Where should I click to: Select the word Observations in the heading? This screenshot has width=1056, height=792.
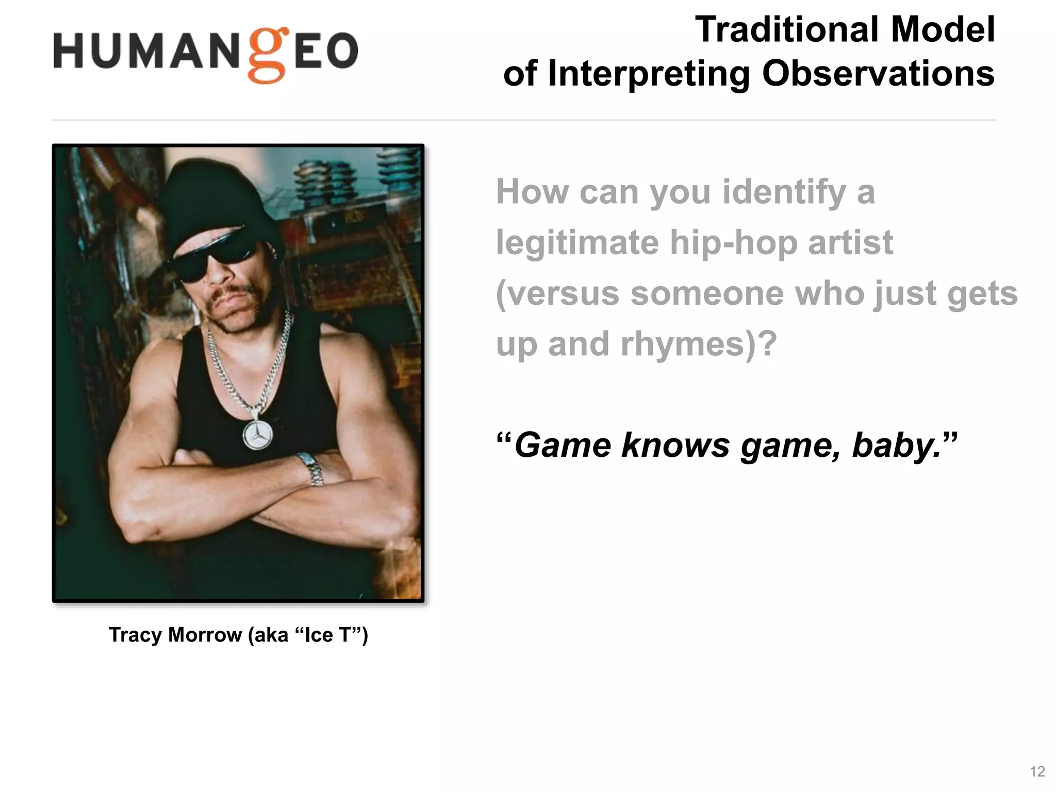(878, 73)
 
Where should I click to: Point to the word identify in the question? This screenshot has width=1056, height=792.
(784, 192)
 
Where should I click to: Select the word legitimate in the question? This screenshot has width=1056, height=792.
(577, 243)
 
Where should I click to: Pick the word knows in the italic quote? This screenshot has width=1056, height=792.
(675, 445)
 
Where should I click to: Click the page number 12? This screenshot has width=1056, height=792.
(1037, 771)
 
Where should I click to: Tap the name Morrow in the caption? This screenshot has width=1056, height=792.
(205, 635)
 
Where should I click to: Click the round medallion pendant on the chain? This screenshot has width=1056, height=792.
(257, 435)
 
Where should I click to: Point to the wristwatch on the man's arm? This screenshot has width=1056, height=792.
(311, 468)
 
